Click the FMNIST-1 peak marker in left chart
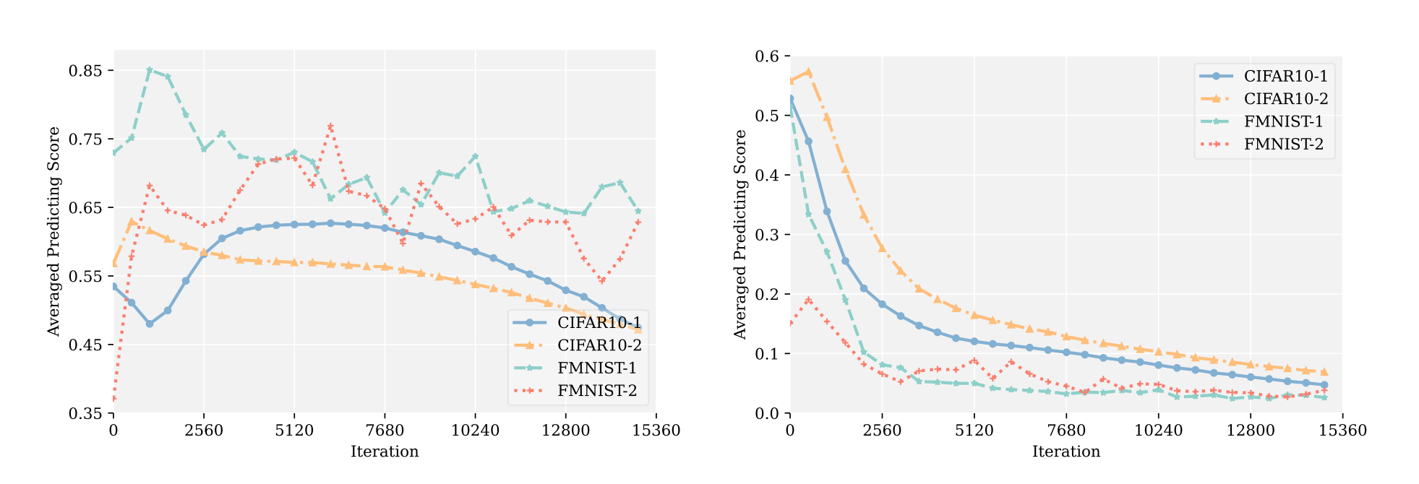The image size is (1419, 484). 150,70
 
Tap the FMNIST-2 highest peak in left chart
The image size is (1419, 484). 330,126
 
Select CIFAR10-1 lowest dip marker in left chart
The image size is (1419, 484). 150,324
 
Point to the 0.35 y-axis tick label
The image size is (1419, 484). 84,414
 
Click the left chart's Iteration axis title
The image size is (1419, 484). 385,452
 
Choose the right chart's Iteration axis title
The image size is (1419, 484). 1066,452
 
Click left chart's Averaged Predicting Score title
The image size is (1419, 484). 53,231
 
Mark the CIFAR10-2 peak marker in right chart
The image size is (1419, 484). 809,72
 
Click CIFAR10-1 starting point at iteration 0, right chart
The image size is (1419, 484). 790,99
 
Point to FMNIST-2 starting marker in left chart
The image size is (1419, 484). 113,399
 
